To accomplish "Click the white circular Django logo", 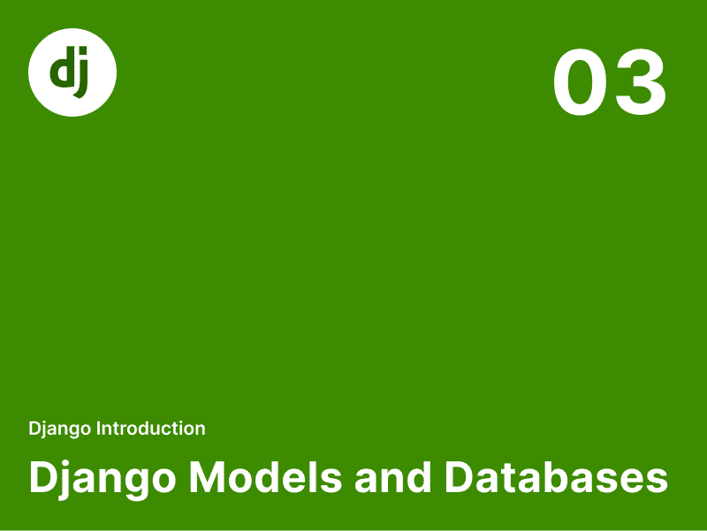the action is [72, 72].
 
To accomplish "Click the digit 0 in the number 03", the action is [580, 82].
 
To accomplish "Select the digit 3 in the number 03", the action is [639, 82].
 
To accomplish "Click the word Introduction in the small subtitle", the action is [151, 429].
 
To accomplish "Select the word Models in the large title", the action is [266, 477].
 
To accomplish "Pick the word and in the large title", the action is [392, 477].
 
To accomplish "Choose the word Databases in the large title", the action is [556, 477].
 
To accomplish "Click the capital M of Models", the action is [207, 477].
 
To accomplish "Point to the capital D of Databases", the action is [460, 477].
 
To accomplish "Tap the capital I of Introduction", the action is [99, 429].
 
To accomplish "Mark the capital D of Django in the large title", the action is [43, 477].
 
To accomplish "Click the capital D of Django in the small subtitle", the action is [34, 429].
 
